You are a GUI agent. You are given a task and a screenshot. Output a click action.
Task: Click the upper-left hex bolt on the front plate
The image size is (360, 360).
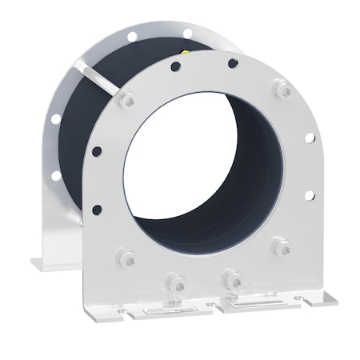126,102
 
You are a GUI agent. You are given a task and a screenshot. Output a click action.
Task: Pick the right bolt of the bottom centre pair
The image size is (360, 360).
233,280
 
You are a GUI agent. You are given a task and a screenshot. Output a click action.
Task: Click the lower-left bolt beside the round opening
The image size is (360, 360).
125,257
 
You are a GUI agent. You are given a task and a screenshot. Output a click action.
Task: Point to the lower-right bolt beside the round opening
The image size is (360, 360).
281,246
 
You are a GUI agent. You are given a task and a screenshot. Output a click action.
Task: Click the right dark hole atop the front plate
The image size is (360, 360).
233,62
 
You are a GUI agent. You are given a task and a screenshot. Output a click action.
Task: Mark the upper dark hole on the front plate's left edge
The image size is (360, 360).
97,150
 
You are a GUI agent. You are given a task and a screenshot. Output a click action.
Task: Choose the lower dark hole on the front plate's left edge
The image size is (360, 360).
97,210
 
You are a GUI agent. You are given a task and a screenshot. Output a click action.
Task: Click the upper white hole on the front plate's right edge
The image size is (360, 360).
309,138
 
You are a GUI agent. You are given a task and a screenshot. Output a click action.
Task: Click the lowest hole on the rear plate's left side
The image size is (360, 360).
54,175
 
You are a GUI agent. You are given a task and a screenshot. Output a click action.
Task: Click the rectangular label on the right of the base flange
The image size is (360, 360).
252,302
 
